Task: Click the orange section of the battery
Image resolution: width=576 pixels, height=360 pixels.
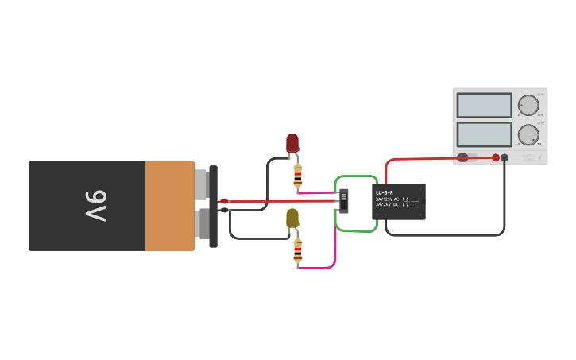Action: [x=169, y=206]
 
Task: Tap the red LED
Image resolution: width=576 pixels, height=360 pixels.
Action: [x=292, y=143]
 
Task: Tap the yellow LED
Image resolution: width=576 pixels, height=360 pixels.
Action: [x=292, y=218]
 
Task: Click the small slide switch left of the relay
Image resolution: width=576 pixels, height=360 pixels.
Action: [x=344, y=200]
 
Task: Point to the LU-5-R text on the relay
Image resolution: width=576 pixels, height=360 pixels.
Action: [x=384, y=192]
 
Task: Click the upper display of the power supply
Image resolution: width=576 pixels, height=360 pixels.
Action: [x=484, y=105]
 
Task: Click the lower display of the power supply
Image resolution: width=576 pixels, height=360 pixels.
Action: [x=484, y=134]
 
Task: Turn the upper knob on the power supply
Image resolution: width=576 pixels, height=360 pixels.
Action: [x=528, y=106]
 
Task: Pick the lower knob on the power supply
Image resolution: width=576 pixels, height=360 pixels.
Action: [x=528, y=134]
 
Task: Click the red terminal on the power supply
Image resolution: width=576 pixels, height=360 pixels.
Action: [x=496, y=157]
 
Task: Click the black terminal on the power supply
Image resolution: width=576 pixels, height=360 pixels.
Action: [x=504, y=157]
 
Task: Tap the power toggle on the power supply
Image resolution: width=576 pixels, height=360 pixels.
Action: [x=466, y=157]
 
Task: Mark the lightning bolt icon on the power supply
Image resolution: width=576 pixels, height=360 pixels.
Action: [x=540, y=157]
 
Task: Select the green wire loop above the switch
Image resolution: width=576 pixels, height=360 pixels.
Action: [x=355, y=176]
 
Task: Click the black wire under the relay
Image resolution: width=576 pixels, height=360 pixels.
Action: [x=445, y=235]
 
